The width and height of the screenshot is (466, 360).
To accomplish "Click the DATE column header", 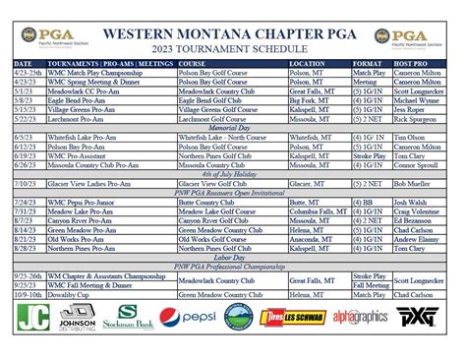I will click(22, 64).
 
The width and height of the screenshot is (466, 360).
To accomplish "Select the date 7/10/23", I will click(25, 182).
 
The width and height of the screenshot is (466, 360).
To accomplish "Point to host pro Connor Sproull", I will click(416, 162).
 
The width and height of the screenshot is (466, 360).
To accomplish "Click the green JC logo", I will click(32, 319).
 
